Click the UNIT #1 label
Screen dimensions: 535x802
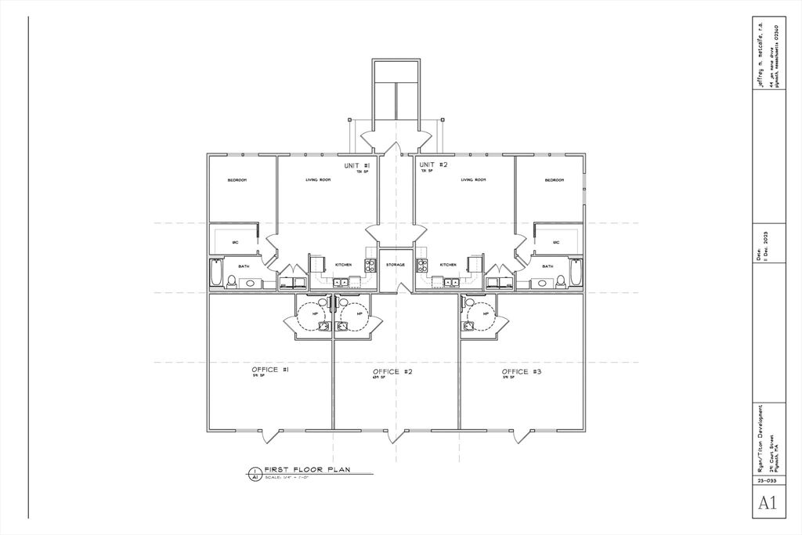(361, 166)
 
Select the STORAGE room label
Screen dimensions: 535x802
(396, 265)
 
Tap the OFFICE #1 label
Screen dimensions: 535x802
(271, 370)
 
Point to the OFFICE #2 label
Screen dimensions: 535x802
(392, 371)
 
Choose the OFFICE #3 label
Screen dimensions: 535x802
(521, 371)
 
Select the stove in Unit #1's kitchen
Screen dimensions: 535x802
(370, 266)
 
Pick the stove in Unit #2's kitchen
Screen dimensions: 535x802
(421, 266)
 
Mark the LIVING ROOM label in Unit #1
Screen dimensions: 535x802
(318, 180)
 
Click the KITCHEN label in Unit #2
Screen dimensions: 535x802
(448, 265)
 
